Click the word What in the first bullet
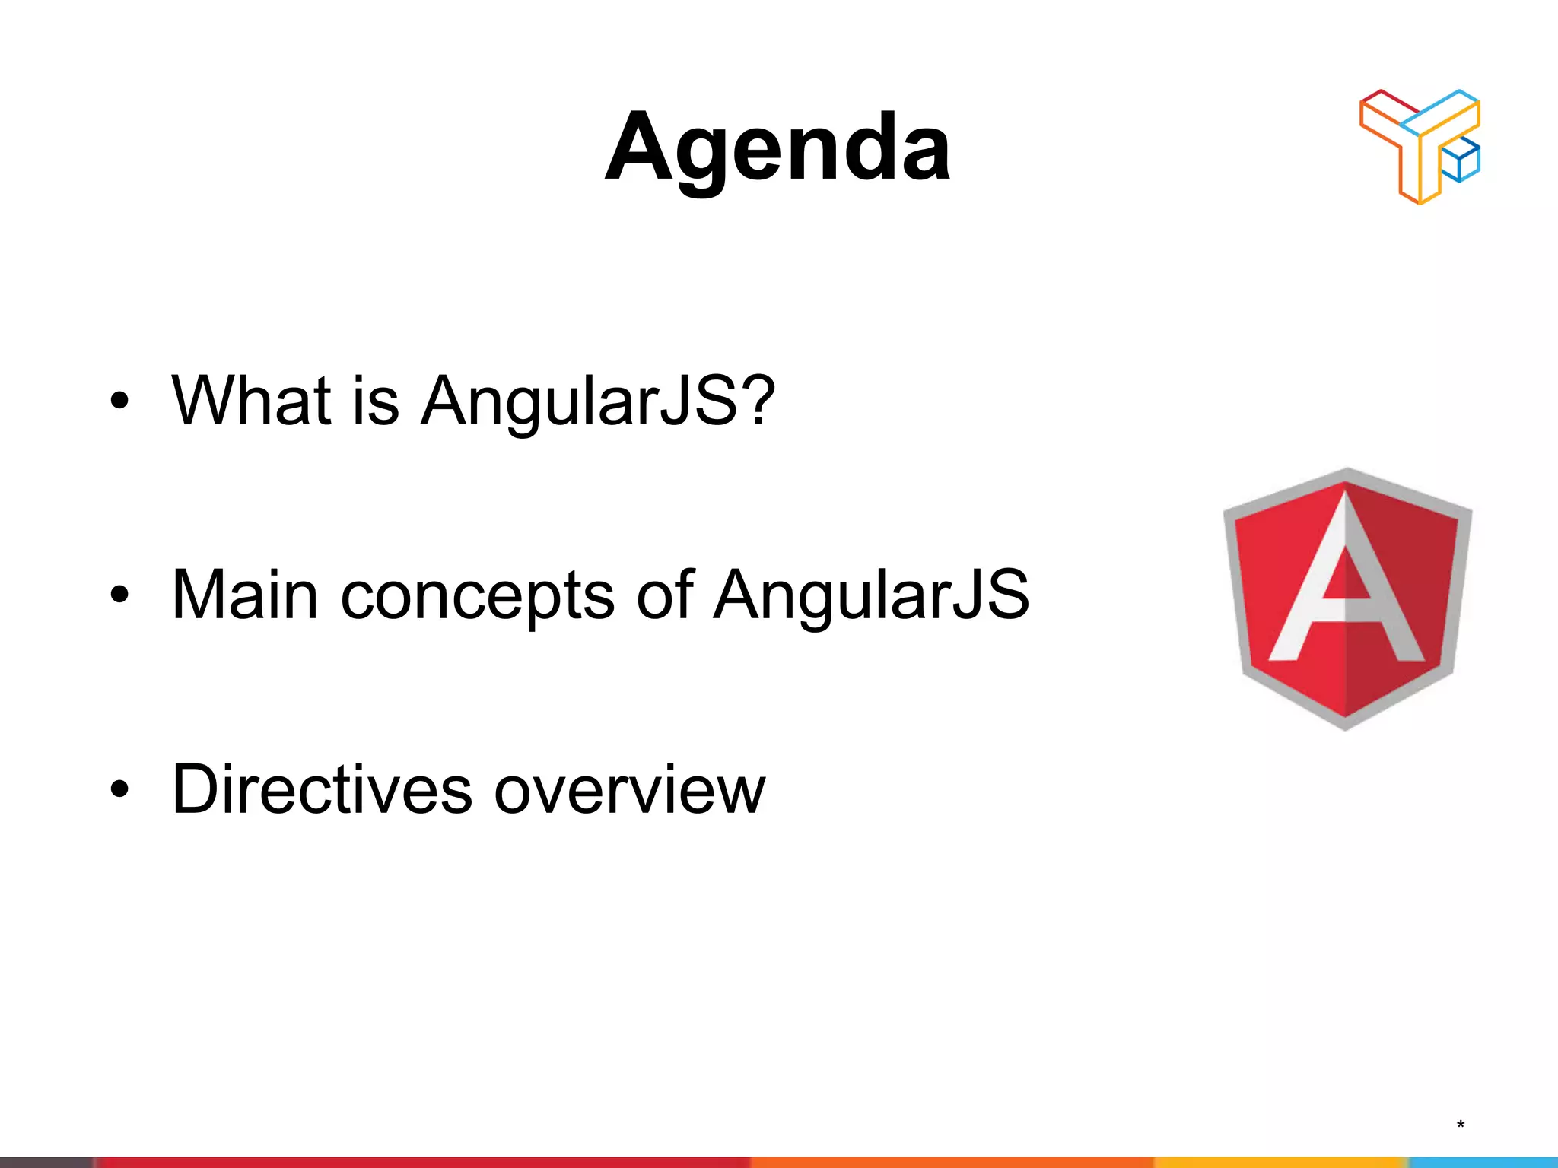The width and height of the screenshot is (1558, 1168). (x=251, y=400)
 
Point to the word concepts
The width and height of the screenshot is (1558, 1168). (x=477, y=597)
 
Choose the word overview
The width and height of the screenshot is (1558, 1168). (x=629, y=791)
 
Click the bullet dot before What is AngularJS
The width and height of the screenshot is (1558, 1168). (x=119, y=401)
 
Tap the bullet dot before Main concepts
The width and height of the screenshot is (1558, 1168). (x=119, y=595)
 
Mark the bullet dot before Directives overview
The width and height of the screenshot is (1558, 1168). (x=119, y=789)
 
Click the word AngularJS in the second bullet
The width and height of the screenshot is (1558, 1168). (x=871, y=595)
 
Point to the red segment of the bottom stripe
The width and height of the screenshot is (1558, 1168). (x=418, y=1162)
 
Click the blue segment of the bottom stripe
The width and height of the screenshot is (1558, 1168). (x=1483, y=1162)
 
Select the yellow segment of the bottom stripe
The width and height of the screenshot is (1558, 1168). (x=1278, y=1162)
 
